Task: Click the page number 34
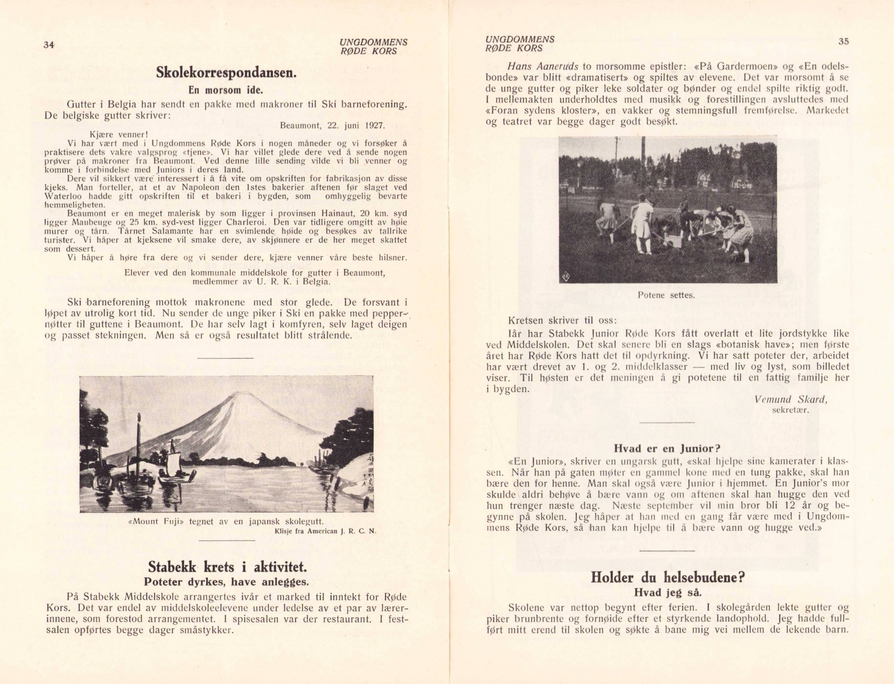pyautogui.click(x=49, y=45)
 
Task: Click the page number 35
pyautogui.click(x=843, y=41)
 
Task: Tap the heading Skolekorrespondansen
pyautogui.click(x=226, y=73)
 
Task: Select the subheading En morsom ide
pyautogui.click(x=226, y=91)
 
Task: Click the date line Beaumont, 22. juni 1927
pyautogui.click(x=332, y=126)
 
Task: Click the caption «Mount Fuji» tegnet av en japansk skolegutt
pyautogui.click(x=226, y=521)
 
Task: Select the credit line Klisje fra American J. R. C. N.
pyautogui.click(x=325, y=531)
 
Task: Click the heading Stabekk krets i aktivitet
pyautogui.click(x=227, y=567)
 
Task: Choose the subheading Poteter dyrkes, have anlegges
pyautogui.click(x=226, y=582)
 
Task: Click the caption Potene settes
pyautogui.click(x=666, y=295)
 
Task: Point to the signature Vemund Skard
pyautogui.click(x=790, y=400)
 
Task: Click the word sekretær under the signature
pyautogui.click(x=790, y=410)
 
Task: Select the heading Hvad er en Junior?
pyautogui.click(x=667, y=449)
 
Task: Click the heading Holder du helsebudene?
pyautogui.click(x=668, y=577)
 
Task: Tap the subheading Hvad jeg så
pyautogui.click(x=668, y=593)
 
